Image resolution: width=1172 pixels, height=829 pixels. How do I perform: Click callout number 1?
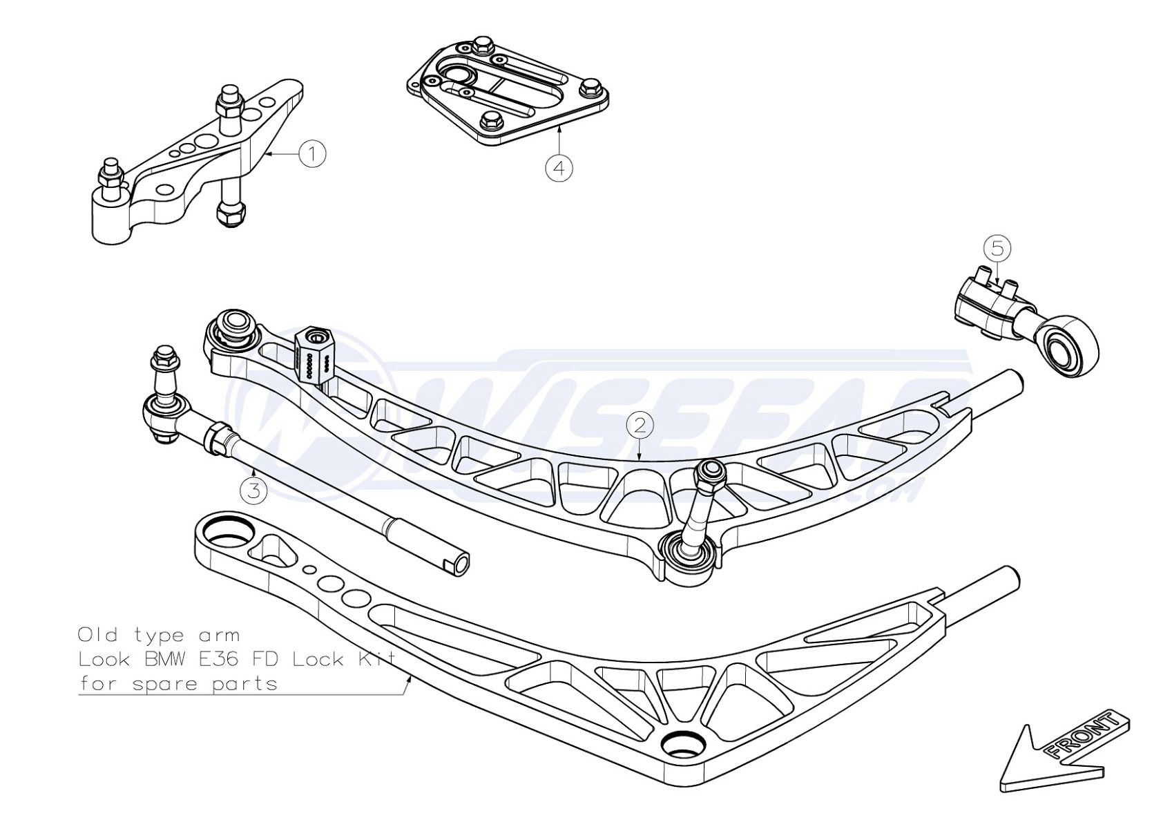click(x=312, y=153)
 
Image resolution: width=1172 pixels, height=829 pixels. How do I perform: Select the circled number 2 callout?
click(x=640, y=425)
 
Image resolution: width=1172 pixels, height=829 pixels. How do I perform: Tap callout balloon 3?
click(x=254, y=490)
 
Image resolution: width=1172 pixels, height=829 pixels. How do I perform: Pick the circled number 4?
click(x=559, y=167)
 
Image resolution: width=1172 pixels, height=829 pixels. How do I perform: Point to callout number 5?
click(x=997, y=248)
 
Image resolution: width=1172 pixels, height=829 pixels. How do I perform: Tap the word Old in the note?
click(x=96, y=634)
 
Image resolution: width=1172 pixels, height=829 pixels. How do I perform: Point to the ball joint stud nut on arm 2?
click(x=710, y=473)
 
